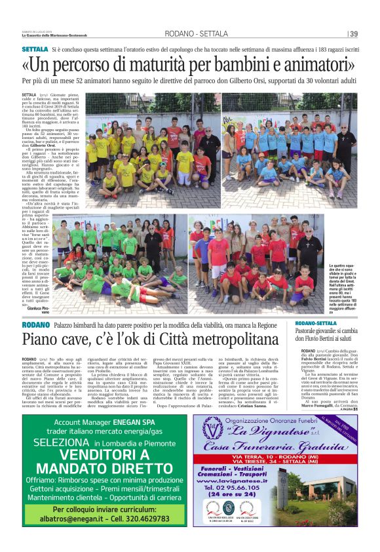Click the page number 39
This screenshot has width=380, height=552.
[x=353, y=34]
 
